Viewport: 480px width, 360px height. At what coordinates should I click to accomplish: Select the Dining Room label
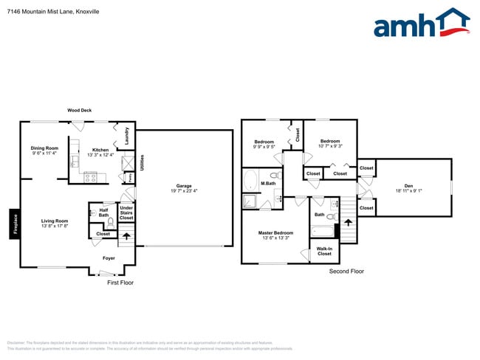[x=45, y=150]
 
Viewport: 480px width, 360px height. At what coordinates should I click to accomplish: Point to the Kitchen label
[x=100, y=153]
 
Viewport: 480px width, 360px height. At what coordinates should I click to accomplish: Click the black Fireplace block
[x=14, y=225]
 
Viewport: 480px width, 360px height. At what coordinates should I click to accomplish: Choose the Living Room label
[x=54, y=223]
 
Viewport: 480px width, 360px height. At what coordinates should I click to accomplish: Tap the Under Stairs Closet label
[x=126, y=213]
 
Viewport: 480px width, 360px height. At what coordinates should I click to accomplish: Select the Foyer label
[x=109, y=258]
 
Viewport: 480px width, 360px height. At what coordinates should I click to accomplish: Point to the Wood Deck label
[x=79, y=110]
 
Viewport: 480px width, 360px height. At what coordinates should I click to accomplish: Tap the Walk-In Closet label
[x=324, y=251]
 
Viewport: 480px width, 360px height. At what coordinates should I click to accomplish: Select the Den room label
[x=408, y=187]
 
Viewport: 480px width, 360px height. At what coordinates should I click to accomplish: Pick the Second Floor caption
[x=346, y=271]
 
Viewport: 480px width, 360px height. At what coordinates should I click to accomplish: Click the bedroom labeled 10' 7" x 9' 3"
[x=329, y=143]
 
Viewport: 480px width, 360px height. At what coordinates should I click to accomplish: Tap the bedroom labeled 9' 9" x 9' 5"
[x=264, y=144]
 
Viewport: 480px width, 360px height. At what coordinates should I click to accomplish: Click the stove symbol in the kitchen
[x=91, y=177]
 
